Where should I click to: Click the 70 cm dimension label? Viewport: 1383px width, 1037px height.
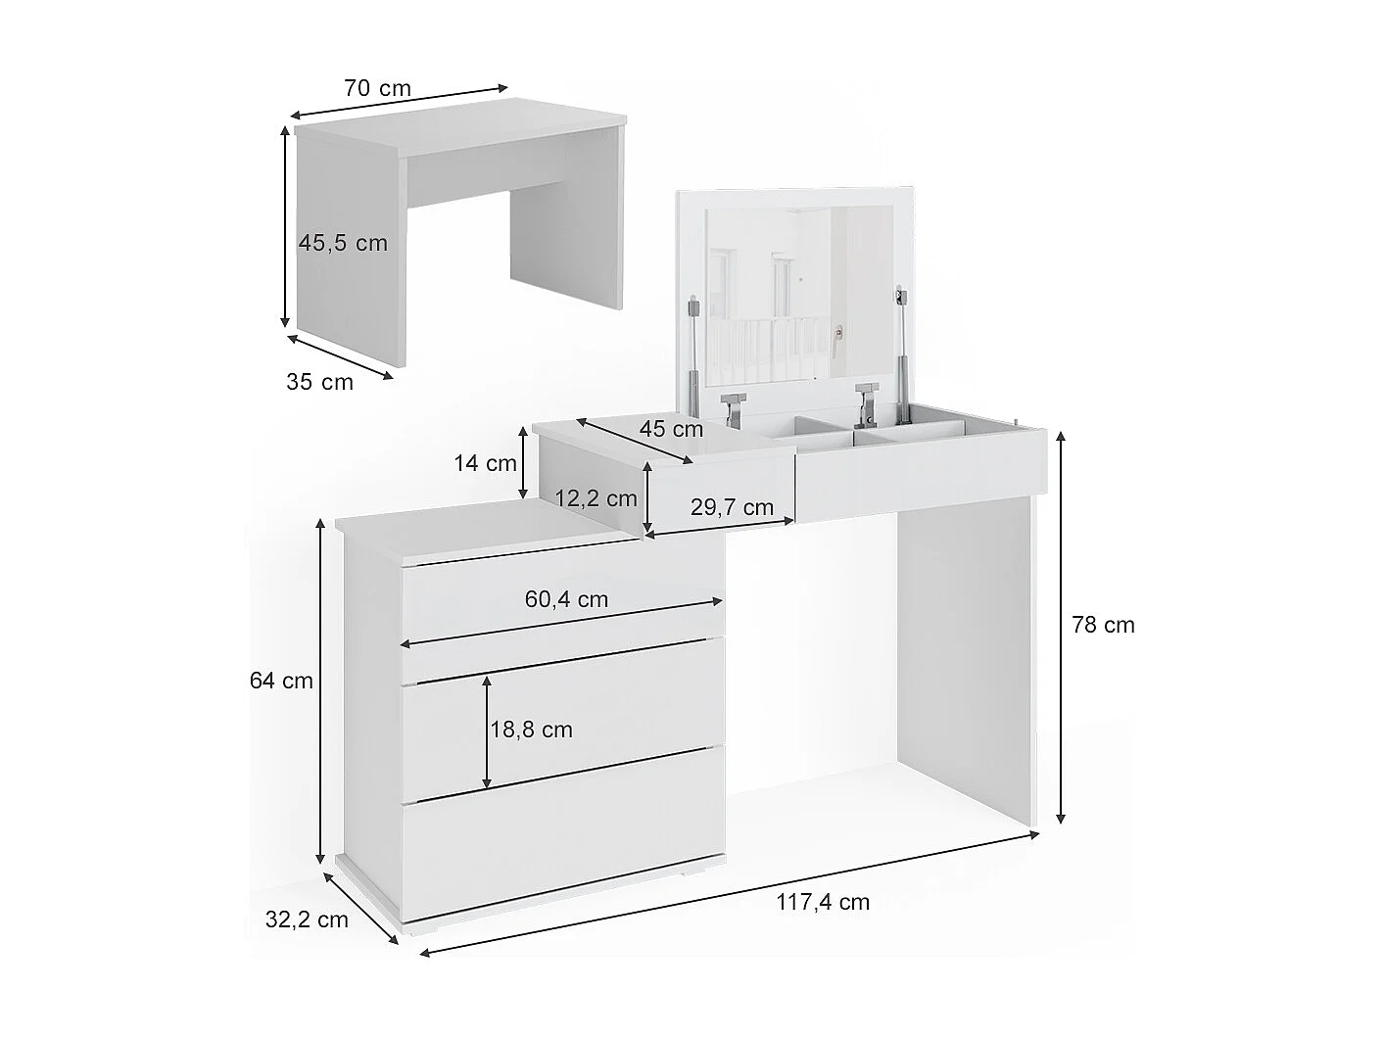pos(377,88)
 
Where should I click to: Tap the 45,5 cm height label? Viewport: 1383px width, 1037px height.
pos(343,243)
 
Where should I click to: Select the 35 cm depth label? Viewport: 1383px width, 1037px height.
pos(319,382)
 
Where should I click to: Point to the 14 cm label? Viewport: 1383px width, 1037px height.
pos(485,463)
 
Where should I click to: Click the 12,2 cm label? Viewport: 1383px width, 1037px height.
pos(596,498)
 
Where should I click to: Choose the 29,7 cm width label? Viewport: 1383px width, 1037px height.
pos(731,507)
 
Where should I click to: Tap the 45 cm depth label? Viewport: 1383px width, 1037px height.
pos(671,429)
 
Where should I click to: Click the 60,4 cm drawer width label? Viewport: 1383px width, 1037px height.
pos(566,599)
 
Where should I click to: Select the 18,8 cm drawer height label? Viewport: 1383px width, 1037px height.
pos(531,730)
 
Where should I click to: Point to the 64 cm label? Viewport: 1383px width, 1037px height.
pos(281,681)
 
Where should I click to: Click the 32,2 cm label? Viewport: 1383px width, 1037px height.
pos(307,919)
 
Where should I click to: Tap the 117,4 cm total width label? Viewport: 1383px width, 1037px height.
pos(823,902)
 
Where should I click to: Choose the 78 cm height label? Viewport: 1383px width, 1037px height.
pos(1103,625)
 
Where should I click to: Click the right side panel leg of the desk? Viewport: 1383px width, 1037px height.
pos(965,666)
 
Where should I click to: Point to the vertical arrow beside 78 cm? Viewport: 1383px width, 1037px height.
pos(1061,627)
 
